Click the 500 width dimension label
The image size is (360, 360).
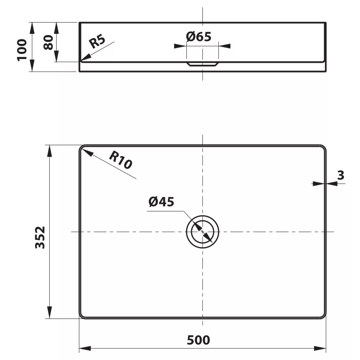tap(198, 340)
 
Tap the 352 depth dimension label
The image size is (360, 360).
tap(40, 237)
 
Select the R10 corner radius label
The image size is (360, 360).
tap(121, 160)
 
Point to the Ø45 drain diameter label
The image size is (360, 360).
tap(161, 202)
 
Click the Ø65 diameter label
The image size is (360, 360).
tap(199, 37)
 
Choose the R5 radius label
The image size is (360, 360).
tap(97, 41)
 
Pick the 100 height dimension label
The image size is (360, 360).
tap(22, 50)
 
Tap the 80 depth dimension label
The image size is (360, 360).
tap(49, 42)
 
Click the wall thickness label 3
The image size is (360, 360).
tap(341, 175)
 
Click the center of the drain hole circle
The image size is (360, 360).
tap(202, 231)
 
